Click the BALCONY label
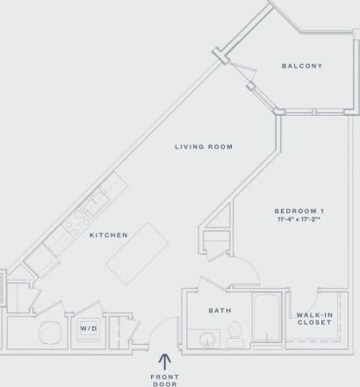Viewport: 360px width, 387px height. (302, 66)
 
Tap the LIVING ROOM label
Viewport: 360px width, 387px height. (203, 147)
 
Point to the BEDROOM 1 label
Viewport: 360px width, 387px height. (299, 211)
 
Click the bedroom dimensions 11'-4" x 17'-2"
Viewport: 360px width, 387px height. (299, 221)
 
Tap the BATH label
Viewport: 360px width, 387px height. (220, 310)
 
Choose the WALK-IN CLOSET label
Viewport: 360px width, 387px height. (313, 319)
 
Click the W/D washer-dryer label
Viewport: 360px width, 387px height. (89, 329)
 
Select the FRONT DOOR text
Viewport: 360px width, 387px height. (164, 377)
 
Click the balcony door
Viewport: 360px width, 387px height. (254, 89)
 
